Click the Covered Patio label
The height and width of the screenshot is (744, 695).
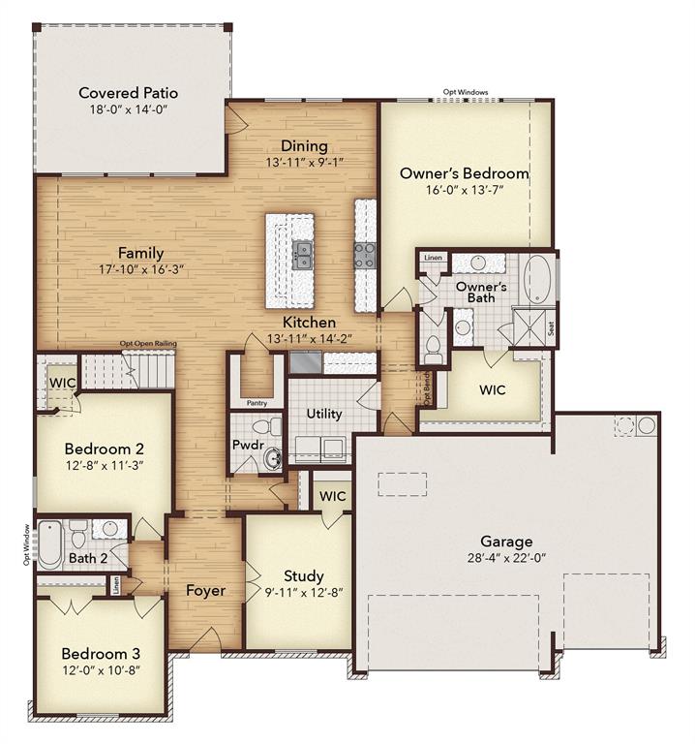click(x=129, y=93)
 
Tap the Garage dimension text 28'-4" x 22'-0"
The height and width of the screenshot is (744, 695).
click(x=506, y=558)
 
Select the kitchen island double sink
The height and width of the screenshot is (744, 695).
click(x=302, y=256)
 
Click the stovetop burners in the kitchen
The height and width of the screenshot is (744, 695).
click(x=365, y=255)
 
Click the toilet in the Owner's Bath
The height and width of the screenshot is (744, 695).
click(x=433, y=349)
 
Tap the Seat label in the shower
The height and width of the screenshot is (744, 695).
click(x=552, y=328)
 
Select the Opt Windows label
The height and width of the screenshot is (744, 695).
click(x=466, y=92)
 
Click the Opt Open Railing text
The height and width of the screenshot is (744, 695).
click(x=148, y=343)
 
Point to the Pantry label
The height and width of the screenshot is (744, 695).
click(x=257, y=403)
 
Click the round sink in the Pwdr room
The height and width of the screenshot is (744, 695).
click(x=272, y=458)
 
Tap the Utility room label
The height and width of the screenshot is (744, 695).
click(x=324, y=414)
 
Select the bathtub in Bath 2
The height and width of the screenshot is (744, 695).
click(x=49, y=544)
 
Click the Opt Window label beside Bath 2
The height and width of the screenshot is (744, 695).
click(x=26, y=544)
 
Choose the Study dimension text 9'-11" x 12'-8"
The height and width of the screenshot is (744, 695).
click(x=304, y=592)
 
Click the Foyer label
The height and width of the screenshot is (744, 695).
click(x=205, y=590)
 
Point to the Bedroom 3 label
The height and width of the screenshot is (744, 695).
click(x=101, y=653)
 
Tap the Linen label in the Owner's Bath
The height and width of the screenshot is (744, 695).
click(x=433, y=258)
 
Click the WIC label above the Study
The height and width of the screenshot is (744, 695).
click(x=333, y=496)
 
